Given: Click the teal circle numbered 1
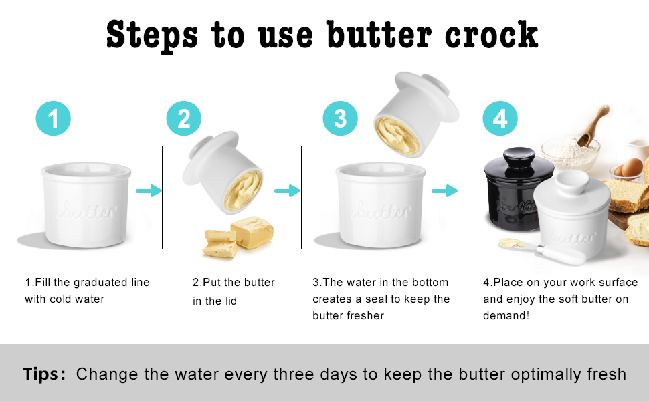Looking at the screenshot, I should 54,119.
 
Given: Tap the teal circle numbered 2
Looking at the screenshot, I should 184,119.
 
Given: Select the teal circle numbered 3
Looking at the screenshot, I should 341,119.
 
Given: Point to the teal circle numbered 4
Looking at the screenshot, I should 500,119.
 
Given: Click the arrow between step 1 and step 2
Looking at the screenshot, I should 149,192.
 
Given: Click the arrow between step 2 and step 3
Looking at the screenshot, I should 287,192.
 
